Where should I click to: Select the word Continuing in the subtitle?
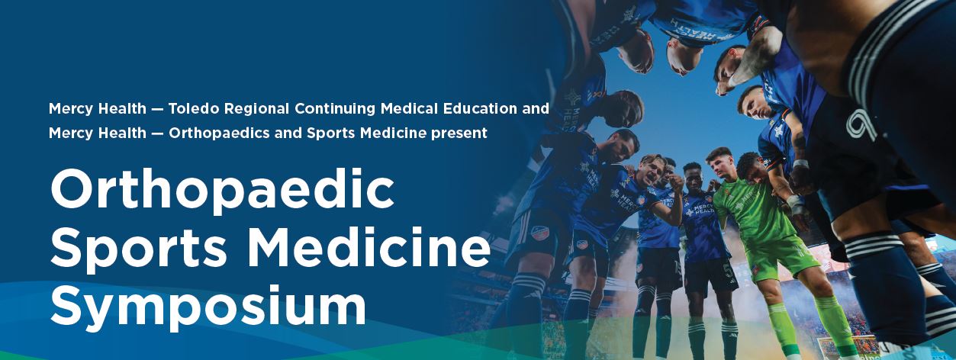[335, 109]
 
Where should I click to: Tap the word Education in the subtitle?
[480, 109]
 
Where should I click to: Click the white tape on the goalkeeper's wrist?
[795, 203]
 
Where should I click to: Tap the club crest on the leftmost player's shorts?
[540, 233]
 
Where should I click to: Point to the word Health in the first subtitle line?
[122, 109]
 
